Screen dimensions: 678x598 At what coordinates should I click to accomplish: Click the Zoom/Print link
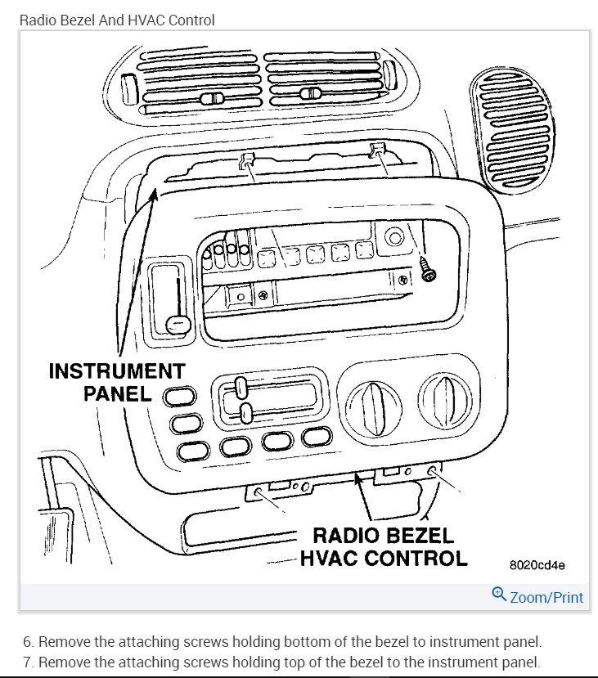(546, 597)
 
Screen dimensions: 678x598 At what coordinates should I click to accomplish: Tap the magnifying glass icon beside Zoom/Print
(498, 595)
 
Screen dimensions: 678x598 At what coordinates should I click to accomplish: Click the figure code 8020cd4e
(537, 564)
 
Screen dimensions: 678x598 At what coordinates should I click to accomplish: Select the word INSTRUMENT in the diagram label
(116, 370)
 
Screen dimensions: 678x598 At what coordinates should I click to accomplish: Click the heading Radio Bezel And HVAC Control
(117, 20)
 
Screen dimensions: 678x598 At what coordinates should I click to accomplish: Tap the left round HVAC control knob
(374, 402)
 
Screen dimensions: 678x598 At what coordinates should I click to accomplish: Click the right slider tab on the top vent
(309, 94)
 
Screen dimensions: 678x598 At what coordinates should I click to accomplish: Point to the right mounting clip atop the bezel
(378, 150)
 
